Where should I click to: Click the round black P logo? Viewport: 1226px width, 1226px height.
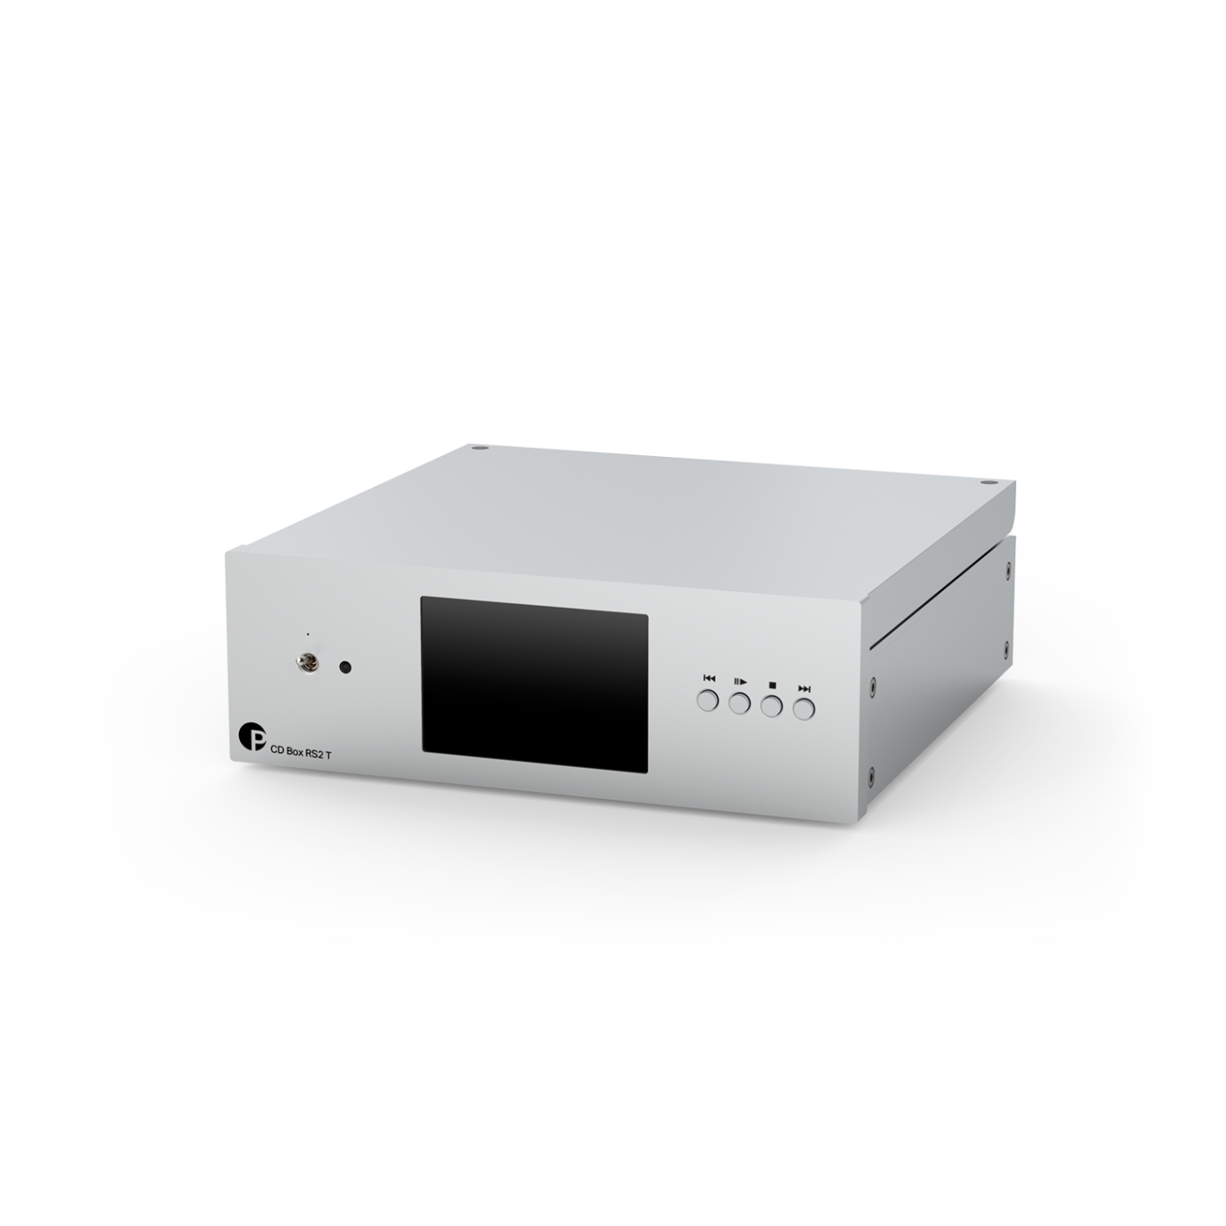tap(252, 736)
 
